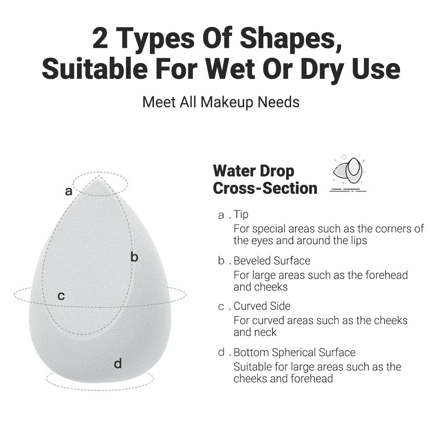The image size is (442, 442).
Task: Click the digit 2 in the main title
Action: click(x=100, y=38)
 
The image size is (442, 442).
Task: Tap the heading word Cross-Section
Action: click(x=265, y=188)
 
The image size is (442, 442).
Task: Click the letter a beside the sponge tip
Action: click(x=69, y=191)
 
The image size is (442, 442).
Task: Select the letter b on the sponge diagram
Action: click(x=134, y=257)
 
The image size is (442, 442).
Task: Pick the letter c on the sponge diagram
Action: click(x=61, y=296)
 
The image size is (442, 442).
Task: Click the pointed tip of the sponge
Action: click(x=99, y=177)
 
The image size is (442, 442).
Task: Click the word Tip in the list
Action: click(x=241, y=215)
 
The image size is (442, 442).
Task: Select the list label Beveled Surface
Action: click(x=272, y=261)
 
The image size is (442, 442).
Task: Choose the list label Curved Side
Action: click(x=262, y=306)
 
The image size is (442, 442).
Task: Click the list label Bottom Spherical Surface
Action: click(x=295, y=352)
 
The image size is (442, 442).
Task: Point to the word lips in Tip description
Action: click(x=358, y=241)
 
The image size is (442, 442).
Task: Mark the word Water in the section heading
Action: click(x=235, y=171)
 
